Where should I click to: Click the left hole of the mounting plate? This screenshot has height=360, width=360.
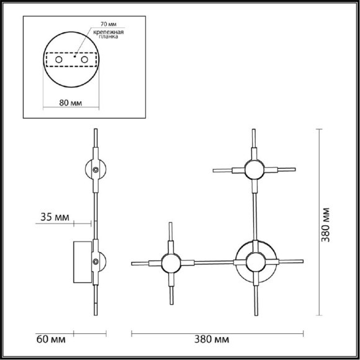tap(58, 60)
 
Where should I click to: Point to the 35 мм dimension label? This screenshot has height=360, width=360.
tap(55, 217)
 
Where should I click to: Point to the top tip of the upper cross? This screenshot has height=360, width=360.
tap(253, 130)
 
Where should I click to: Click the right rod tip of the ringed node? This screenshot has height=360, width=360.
tap(302, 261)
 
